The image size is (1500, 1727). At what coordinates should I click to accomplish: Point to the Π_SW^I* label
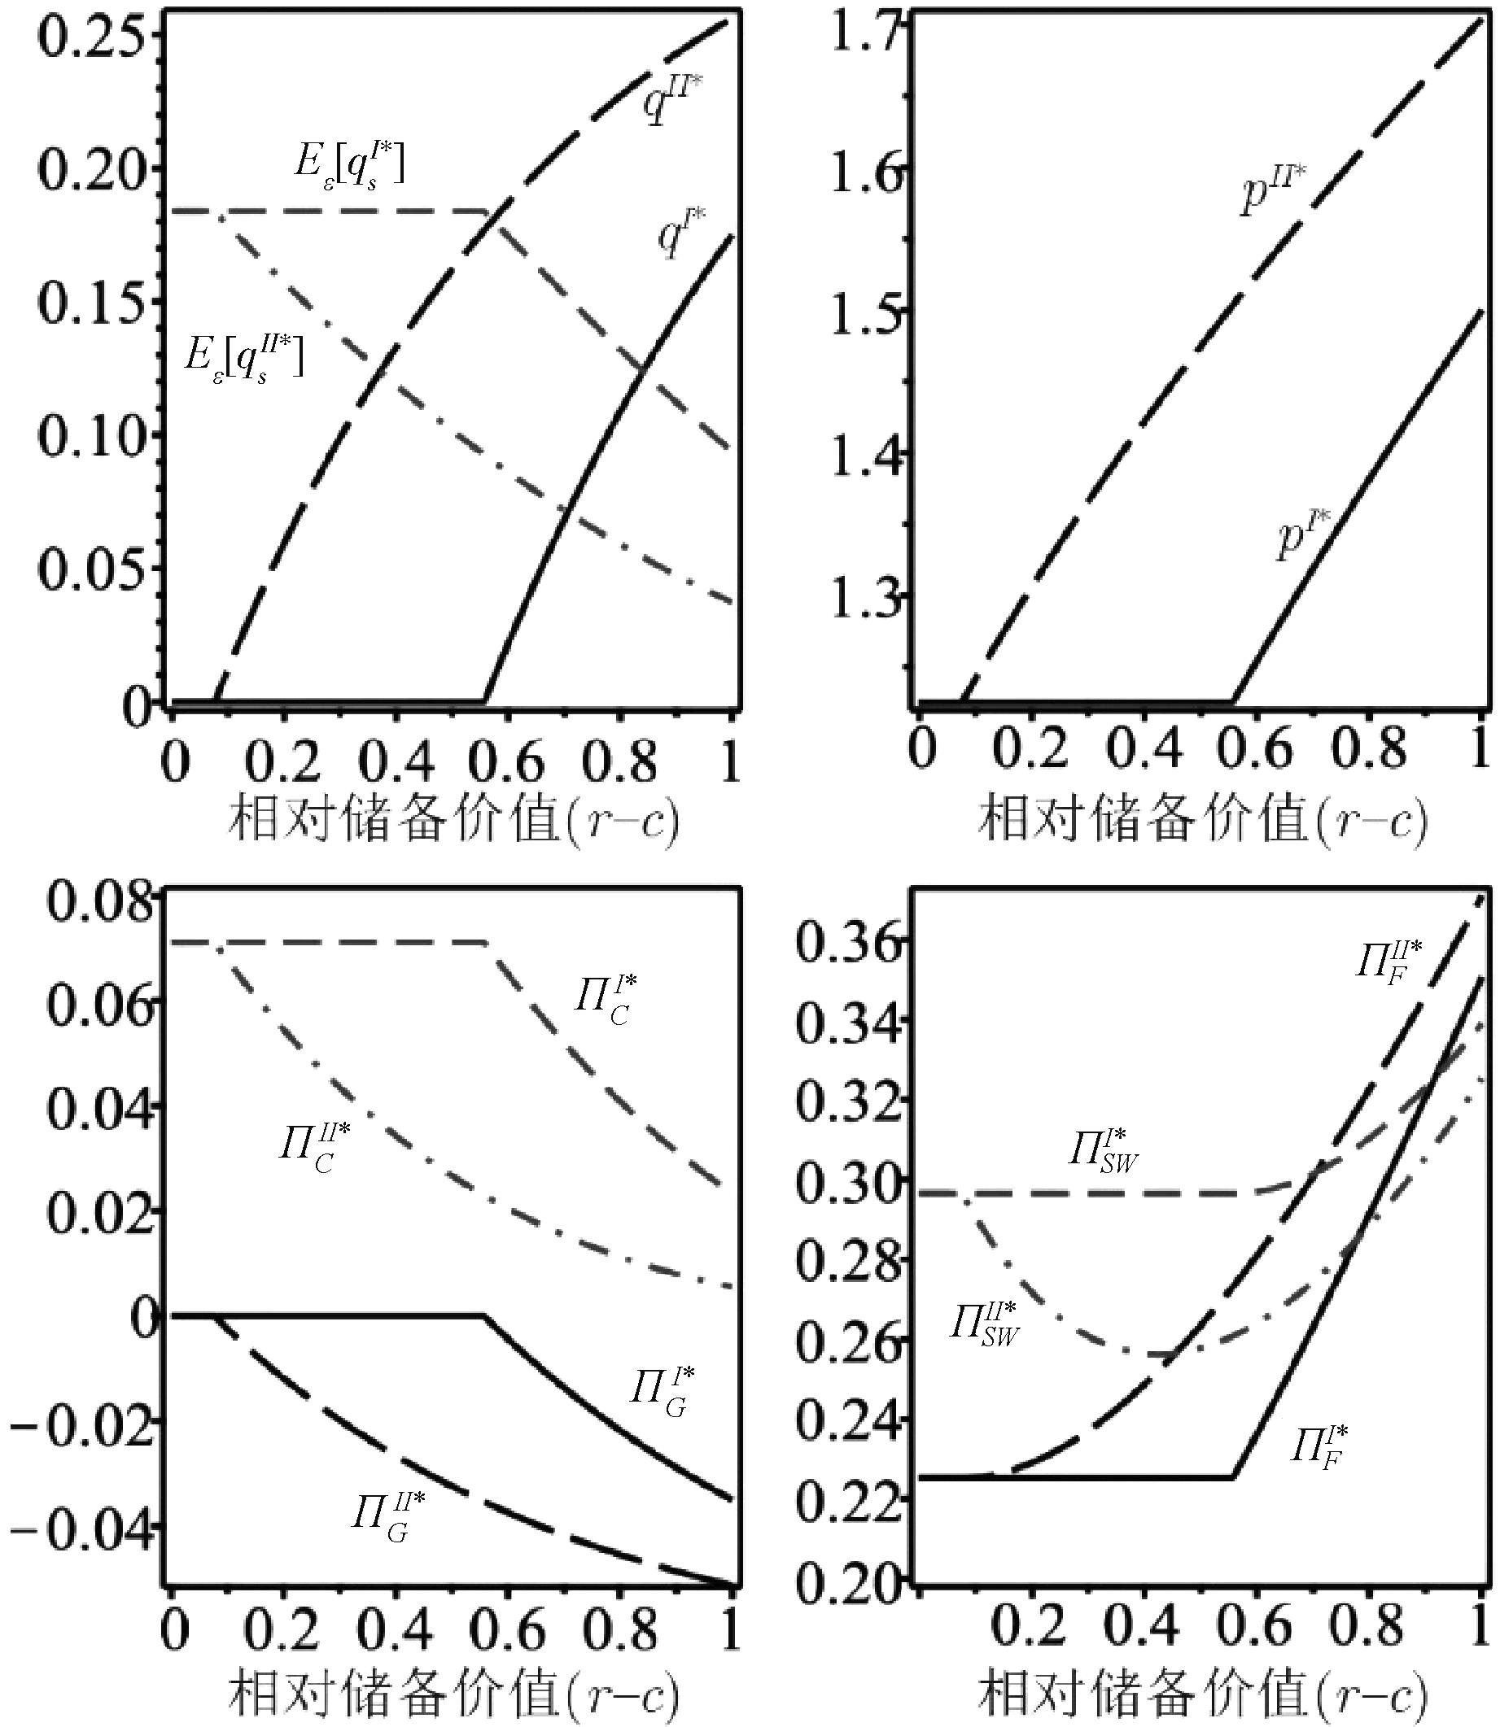point(1104,1150)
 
